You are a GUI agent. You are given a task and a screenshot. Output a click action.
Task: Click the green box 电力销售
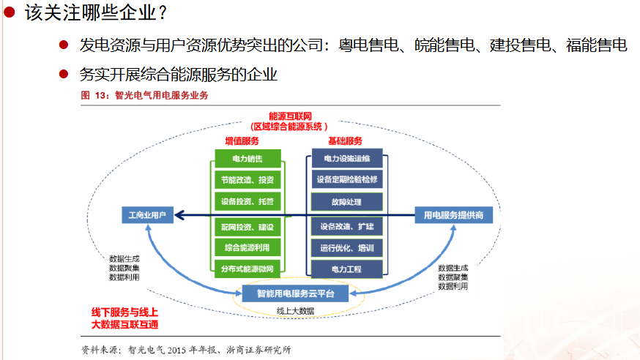coord(248,159)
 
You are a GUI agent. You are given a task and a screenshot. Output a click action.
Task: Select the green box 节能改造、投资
coord(248,179)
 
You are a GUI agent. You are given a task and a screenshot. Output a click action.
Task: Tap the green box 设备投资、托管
coord(248,200)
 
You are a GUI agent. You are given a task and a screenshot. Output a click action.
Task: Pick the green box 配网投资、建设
coord(248,228)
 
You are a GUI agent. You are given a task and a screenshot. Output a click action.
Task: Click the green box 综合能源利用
coord(248,248)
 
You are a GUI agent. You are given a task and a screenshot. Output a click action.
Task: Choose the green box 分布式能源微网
coord(248,269)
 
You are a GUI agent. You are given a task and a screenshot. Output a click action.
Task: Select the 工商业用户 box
coord(147,215)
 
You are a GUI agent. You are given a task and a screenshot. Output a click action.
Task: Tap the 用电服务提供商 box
coord(454,215)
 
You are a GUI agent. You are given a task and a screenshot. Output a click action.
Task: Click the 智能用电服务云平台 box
coord(296,294)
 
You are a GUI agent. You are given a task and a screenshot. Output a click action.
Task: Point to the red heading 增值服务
coord(242,140)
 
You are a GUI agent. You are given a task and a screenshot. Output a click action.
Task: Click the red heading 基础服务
coord(345,140)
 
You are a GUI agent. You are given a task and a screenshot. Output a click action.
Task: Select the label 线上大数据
coord(296,311)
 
